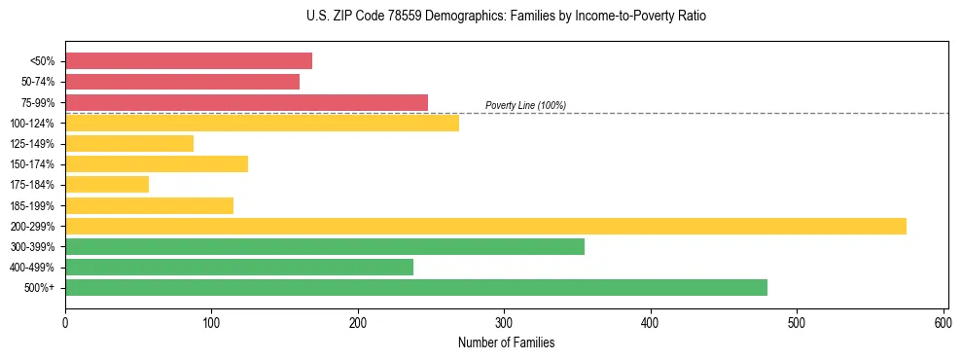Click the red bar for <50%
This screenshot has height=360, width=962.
(x=189, y=61)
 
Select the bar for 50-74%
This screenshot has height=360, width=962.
(x=182, y=82)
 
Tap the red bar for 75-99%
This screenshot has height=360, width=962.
(x=246, y=102)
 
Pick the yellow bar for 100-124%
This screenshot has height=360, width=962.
(x=262, y=123)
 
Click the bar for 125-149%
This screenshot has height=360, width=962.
(x=129, y=143)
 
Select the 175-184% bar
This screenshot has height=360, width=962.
(x=107, y=184)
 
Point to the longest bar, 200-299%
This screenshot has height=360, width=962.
(x=485, y=226)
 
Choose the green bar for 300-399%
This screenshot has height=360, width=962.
(x=325, y=246)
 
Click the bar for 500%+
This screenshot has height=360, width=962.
(x=416, y=287)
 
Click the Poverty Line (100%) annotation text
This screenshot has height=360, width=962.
(x=525, y=105)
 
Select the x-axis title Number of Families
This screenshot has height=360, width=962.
(x=506, y=342)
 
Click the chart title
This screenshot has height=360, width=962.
(x=505, y=17)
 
